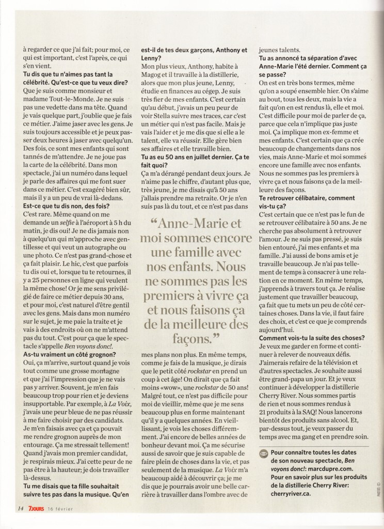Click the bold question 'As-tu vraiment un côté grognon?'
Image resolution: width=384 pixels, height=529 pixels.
click(x=70, y=354)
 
